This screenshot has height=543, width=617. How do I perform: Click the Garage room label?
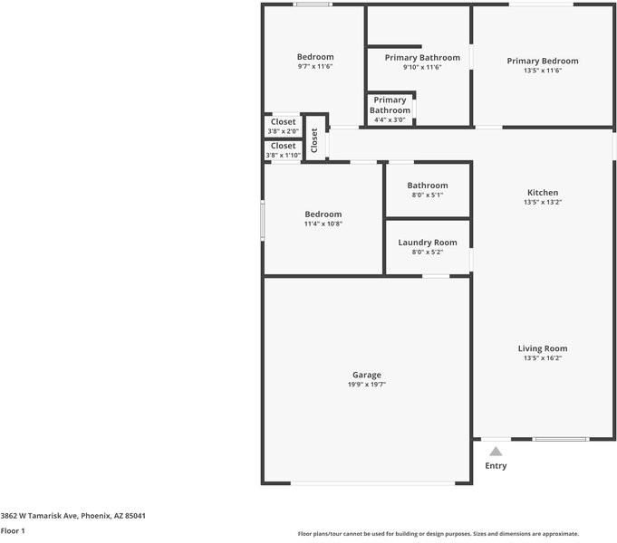coord(366,375)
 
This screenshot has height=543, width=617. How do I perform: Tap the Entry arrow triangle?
coord(495,451)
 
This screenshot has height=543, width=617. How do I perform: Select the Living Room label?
coord(543,348)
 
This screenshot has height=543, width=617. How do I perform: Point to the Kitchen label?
coord(543,192)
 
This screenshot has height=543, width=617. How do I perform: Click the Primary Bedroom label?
coord(542,61)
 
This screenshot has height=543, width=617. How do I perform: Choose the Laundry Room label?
coord(427,243)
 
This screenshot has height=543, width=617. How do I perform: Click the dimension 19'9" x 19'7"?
coord(366,385)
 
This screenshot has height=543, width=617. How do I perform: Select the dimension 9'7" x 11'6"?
coord(315,67)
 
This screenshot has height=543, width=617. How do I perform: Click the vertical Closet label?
coord(314,139)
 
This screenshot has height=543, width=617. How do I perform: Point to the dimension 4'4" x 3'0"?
coord(390,119)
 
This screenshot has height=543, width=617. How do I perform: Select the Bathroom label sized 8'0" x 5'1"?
coord(427,186)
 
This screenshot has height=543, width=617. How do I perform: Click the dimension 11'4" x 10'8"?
coord(323,224)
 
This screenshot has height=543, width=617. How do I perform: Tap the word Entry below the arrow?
coord(496,466)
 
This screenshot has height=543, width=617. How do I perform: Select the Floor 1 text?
coord(13,531)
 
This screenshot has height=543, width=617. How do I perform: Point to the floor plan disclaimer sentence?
coord(438,534)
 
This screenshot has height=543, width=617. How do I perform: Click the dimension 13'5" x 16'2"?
coord(543,358)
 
